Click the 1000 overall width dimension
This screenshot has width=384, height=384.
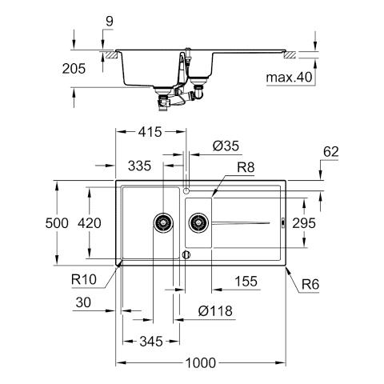pos(201,363)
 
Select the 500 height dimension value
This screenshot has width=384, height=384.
pos(57,223)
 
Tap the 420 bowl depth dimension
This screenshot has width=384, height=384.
pos(90,223)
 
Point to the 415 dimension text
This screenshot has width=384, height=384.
pos(150,132)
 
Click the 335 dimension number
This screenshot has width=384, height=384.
pos(139,166)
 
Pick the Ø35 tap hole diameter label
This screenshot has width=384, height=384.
pos(226,146)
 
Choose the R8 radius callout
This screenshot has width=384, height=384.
pos(246,167)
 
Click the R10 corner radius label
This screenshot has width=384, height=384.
pos(84,279)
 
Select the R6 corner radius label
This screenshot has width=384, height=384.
pos(310,284)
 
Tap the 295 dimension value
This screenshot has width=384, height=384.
pos(304,223)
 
